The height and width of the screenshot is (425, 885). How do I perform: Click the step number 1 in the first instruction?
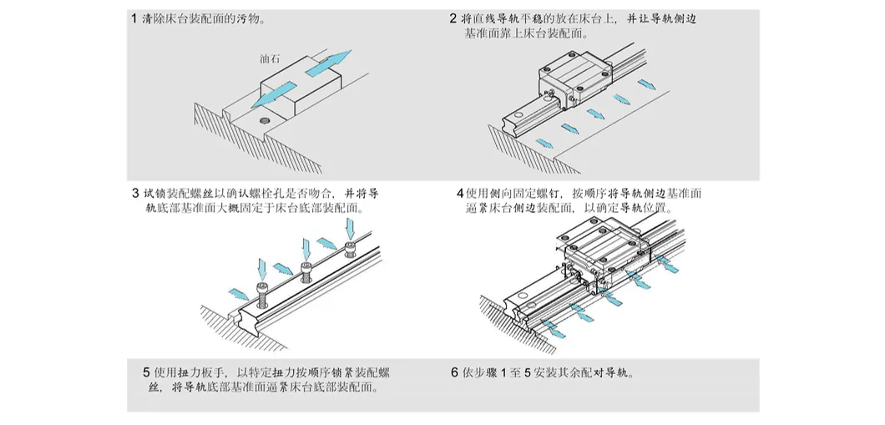134,18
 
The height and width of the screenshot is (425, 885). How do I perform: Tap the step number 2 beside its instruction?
453,18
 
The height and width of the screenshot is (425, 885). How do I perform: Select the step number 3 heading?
135,194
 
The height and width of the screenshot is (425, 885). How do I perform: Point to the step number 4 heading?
460,194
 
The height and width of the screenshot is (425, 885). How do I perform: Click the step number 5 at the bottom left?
146,372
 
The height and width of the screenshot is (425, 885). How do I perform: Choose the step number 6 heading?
454,372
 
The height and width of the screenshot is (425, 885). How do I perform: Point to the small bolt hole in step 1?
265,121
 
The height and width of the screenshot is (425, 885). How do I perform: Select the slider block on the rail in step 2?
576,83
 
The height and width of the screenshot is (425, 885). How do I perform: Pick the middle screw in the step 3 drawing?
306,269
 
